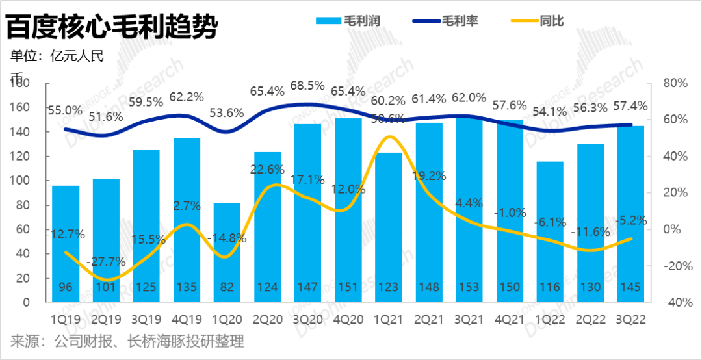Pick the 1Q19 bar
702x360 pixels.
click(x=66, y=244)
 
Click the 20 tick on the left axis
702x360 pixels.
click(x=23, y=278)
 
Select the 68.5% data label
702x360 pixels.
click(x=307, y=86)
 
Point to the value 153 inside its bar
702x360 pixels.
click(x=469, y=287)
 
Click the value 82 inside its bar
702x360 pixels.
click(x=227, y=287)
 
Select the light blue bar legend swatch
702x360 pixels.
click(x=331, y=20)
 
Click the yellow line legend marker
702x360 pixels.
click(x=521, y=20)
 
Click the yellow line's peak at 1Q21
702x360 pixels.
click(x=389, y=136)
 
